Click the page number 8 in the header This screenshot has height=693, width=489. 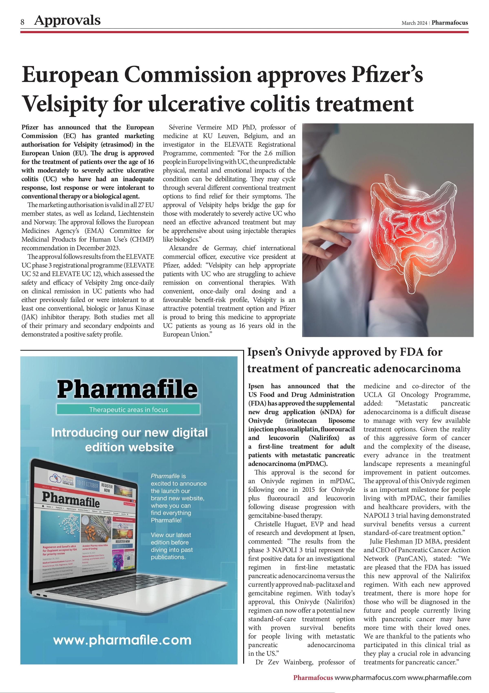point(22,22)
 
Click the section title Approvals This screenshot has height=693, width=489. point(67,20)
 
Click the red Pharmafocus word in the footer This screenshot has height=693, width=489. point(313,678)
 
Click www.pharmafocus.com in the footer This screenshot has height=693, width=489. point(370,678)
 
